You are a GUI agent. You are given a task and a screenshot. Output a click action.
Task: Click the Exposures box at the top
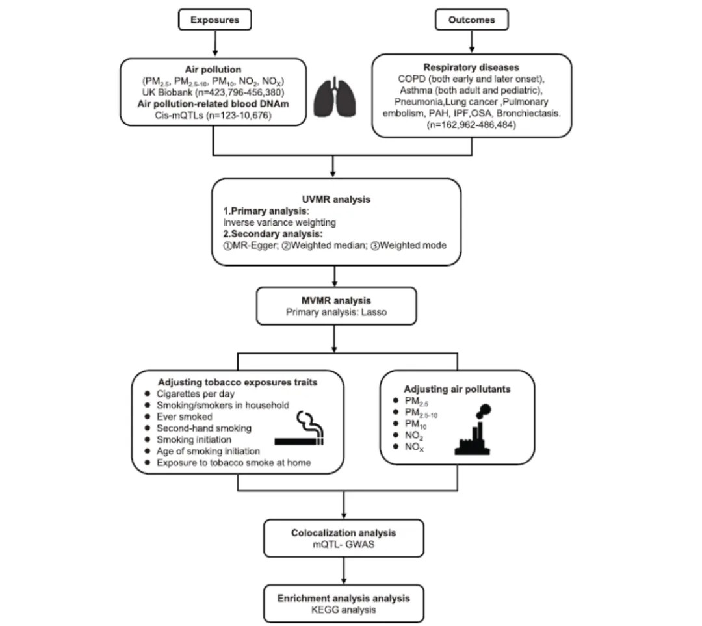tap(214, 20)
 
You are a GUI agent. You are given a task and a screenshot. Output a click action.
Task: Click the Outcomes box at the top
tap(471, 20)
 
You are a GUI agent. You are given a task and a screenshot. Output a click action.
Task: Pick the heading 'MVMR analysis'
tap(333, 301)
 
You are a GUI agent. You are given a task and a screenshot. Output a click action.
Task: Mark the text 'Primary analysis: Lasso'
tap(333, 313)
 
